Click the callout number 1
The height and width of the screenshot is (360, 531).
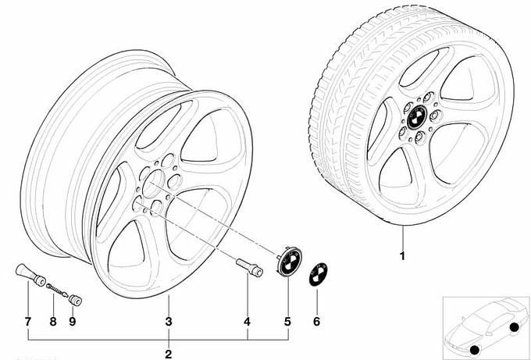point(402,255)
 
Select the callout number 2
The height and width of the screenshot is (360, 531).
point(169,354)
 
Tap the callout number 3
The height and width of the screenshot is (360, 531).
point(169,322)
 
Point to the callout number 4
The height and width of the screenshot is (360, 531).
point(248,322)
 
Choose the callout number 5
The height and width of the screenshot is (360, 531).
point(287,322)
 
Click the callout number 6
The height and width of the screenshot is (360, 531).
point(316,322)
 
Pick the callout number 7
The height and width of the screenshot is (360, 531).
point(28,322)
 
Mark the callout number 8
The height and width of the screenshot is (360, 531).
point(53,322)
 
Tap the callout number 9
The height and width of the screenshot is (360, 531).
point(73,322)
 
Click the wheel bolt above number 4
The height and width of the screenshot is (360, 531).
point(249,267)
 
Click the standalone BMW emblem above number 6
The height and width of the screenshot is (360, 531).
point(318,274)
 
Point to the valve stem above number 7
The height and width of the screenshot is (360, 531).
point(30,275)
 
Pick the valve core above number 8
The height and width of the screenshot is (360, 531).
point(57,290)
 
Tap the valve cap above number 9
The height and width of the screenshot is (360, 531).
point(75,301)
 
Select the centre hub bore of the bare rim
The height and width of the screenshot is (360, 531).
point(153,184)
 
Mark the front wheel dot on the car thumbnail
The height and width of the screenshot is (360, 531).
point(475,350)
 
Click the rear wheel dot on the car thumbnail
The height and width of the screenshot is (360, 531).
point(514,327)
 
